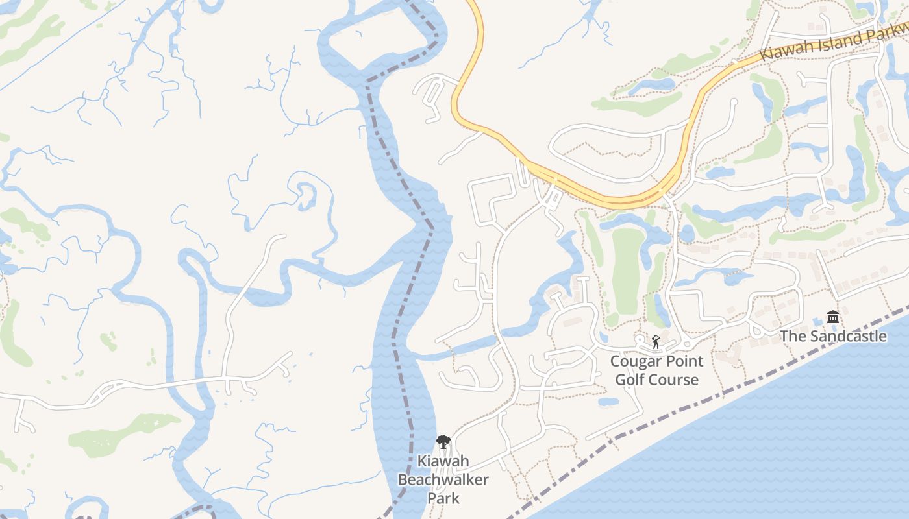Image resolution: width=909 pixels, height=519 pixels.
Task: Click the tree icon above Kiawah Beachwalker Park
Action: [x=443, y=442]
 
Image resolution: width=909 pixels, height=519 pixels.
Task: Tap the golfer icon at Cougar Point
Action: [x=656, y=341]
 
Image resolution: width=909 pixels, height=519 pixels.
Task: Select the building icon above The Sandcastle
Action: [x=833, y=317]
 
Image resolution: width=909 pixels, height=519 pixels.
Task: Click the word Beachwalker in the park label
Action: [x=443, y=480]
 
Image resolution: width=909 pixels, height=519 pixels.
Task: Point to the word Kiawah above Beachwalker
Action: [x=443, y=462]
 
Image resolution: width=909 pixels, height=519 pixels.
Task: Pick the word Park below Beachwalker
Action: [x=443, y=498]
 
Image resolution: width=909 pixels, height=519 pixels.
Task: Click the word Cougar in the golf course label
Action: [x=634, y=361]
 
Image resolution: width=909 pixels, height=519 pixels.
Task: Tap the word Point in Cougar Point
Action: [x=682, y=361]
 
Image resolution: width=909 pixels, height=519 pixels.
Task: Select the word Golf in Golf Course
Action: [x=629, y=380]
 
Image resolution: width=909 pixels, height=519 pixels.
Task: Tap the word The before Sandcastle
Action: [x=791, y=336]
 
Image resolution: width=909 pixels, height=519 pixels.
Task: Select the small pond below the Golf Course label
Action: [x=608, y=402]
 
